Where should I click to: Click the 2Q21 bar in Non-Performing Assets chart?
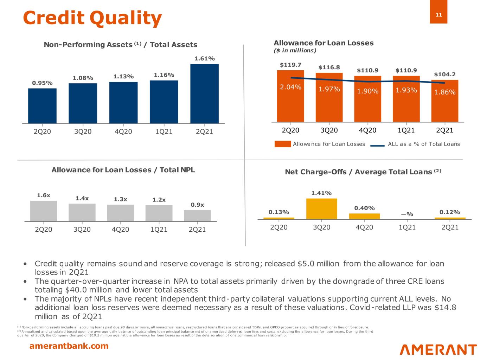click(204, 94)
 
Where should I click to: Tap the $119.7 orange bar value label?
click(290, 65)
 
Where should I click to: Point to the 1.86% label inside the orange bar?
click(445, 92)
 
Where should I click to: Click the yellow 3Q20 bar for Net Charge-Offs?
click(321, 208)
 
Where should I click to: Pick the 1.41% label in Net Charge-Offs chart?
click(321, 193)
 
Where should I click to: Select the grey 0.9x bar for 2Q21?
click(197, 216)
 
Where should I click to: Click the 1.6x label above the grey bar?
click(44, 195)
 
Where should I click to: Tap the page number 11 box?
click(439, 14)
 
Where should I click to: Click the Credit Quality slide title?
click(92, 18)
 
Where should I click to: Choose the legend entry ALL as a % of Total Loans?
click(423, 144)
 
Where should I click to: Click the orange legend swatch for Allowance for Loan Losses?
click(283, 144)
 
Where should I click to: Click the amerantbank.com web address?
click(69, 346)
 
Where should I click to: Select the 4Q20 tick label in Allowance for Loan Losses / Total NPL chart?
click(120, 230)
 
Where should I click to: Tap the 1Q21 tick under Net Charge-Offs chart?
click(407, 227)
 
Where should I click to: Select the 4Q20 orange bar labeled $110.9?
click(367, 99)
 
